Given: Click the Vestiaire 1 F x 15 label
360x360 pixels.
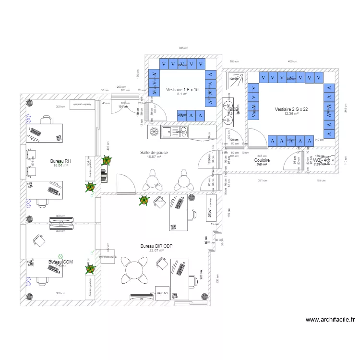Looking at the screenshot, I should pyautogui.click(x=182, y=90).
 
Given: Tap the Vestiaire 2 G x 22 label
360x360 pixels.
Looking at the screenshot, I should pyautogui.click(x=291, y=109).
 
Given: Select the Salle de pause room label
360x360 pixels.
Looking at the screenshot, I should pyautogui.click(x=154, y=152).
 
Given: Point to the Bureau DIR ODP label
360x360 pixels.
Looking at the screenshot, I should pyautogui.click(x=156, y=246).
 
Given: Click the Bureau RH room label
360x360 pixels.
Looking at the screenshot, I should pyautogui.click(x=60, y=161).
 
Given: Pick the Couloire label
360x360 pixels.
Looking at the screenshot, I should pyautogui.click(x=262, y=160).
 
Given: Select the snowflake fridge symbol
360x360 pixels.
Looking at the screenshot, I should pyautogui.click(x=155, y=132).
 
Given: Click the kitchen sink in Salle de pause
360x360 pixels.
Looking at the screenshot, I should pyautogui.click(x=170, y=131).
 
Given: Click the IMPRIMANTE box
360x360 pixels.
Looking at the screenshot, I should pyautogui.click(x=108, y=256).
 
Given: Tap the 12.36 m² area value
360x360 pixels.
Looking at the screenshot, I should pyautogui.click(x=291, y=114).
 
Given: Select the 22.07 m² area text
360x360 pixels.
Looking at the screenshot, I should pyautogui.click(x=156, y=250).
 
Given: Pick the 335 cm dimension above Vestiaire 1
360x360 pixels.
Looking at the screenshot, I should pyautogui.click(x=183, y=48).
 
